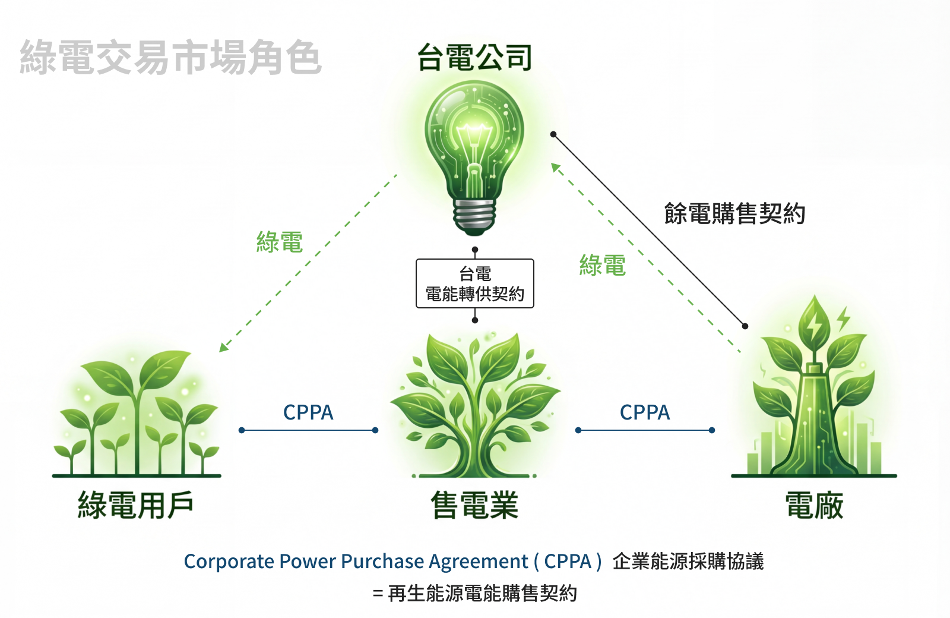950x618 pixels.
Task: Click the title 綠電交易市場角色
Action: click(170, 58)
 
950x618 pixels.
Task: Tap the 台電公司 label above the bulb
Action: click(474, 58)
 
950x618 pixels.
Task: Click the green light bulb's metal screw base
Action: click(474, 215)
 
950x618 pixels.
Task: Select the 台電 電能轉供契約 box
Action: click(475, 283)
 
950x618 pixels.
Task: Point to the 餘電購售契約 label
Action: click(734, 213)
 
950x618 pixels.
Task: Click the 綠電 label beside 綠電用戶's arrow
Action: click(280, 242)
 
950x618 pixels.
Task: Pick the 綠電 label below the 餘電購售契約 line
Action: click(603, 265)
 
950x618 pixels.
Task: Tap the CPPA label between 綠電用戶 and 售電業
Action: click(308, 412)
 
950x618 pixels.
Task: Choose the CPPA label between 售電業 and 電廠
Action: click(645, 412)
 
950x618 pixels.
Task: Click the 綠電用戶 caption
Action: click(136, 506)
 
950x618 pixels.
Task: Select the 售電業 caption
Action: click(474, 506)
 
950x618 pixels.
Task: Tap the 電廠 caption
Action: click(814, 506)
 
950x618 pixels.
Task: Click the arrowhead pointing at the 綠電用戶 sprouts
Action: click(223, 347)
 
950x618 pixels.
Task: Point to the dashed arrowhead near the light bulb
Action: click(556, 168)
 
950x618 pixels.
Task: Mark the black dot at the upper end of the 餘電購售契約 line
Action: click(553, 134)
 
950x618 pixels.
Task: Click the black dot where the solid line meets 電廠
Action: click(745, 326)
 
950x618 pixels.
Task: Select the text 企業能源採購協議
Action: click(688, 562)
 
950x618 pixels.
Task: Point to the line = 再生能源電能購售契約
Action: click(475, 593)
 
